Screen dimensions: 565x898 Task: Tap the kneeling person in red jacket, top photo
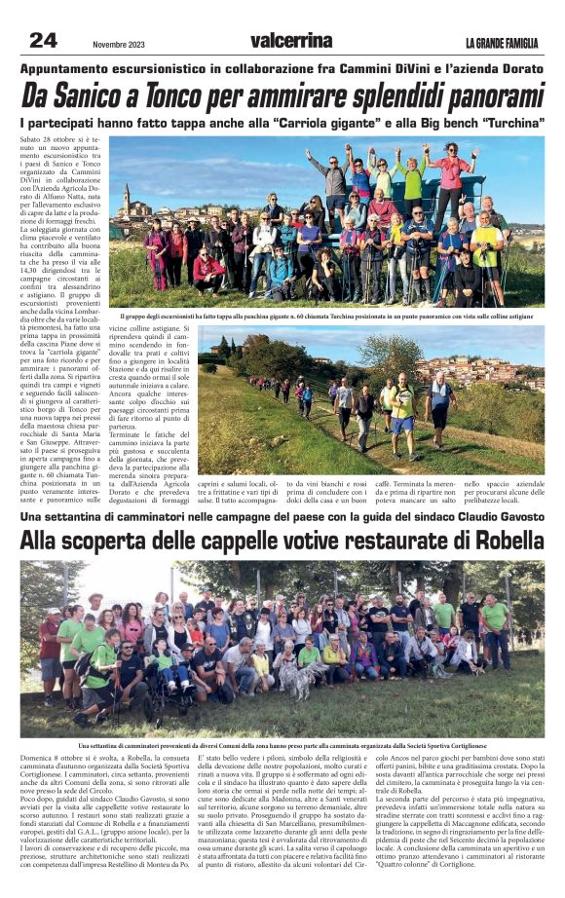click(207, 270)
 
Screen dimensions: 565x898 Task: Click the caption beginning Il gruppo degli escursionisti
click(331, 317)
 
